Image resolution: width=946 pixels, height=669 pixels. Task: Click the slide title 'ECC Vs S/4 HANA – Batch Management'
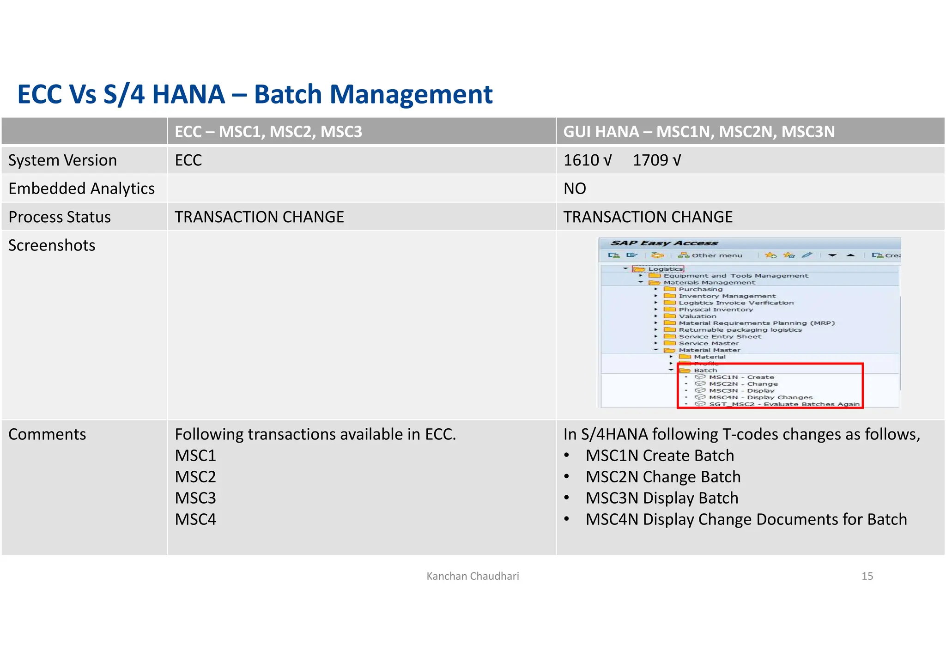tap(255, 94)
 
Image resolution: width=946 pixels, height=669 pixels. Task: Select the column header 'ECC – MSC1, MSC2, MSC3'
tap(268, 132)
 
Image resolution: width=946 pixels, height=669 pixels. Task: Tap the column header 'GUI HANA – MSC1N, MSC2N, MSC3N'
tap(699, 132)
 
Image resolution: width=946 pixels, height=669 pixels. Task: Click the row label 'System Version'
tap(62, 160)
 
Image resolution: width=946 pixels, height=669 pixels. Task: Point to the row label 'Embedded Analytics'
tap(81, 189)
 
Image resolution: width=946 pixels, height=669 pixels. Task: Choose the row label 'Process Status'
tap(60, 217)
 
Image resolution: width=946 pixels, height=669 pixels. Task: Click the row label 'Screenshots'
tap(52, 245)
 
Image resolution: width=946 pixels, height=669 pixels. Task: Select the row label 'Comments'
tap(47, 434)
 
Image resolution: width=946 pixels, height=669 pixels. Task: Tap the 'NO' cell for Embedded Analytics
tap(575, 189)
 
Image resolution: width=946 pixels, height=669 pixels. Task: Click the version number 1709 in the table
tap(650, 160)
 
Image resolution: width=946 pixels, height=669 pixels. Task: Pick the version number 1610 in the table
tap(581, 160)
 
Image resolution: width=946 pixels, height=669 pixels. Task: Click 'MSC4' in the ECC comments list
tap(195, 519)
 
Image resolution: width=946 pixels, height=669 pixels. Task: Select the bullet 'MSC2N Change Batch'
tap(663, 477)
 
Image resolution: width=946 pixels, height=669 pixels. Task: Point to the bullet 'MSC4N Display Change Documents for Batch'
tap(746, 519)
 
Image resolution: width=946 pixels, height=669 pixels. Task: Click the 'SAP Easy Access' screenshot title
tap(664, 243)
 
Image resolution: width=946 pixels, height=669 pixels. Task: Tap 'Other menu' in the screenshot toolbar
tap(716, 255)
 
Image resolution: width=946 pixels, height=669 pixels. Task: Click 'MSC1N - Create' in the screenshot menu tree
tap(741, 377)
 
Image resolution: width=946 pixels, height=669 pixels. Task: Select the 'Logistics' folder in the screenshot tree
tap(665, 269)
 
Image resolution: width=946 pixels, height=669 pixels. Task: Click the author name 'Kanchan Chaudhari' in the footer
tap(473, 576)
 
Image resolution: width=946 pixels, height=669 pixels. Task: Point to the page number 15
tap(867, 576)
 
